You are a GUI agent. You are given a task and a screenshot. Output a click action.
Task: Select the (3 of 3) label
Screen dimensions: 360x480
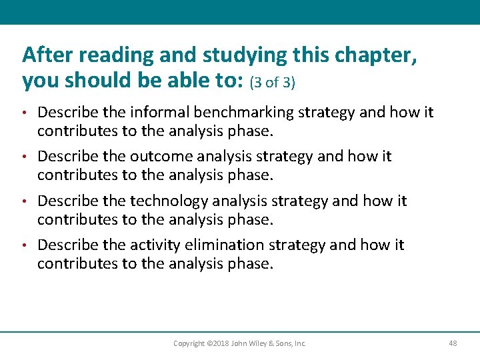[x=272, y=83]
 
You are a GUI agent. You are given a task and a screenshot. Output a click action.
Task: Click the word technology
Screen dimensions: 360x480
[x=169, y=201]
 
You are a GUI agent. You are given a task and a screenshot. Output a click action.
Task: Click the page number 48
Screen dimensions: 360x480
[x=453, y=343]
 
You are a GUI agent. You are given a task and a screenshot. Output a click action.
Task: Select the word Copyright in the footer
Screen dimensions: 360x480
[x=189, y=343]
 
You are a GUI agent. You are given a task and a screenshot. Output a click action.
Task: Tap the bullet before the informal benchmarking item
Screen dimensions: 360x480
[x=25, y=112]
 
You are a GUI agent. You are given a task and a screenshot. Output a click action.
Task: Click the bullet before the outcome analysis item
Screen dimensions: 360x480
[x=25, y=157]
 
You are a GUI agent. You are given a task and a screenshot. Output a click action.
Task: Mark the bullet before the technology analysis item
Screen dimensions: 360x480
[x=25, y=201]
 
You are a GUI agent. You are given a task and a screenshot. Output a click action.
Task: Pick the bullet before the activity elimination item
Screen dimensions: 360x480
[x=25, y=245]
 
